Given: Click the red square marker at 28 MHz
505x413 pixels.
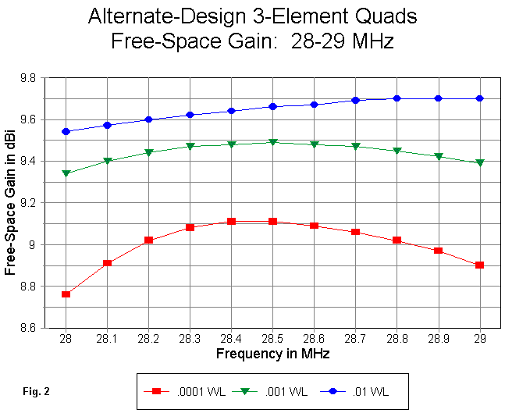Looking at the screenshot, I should (66, 294).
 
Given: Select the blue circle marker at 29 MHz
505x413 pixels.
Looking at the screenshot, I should (479, 98).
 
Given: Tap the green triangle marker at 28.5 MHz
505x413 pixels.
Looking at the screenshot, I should (272, 142).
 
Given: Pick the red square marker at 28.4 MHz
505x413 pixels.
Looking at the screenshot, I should (231, 222).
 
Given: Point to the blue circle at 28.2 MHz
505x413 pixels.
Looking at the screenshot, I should (148, 119).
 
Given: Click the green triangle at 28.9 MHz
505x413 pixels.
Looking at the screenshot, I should (438, 156).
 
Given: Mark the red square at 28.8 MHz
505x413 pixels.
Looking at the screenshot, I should (397, 240).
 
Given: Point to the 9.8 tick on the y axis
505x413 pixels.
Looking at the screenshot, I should (36, 78).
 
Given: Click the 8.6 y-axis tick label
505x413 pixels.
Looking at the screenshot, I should (36, 328).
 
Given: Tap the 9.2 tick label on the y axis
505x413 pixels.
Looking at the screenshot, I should (36, 203).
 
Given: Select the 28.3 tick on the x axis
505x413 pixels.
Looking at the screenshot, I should (190, 340).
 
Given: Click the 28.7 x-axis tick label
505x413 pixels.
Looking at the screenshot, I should (355, 340).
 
